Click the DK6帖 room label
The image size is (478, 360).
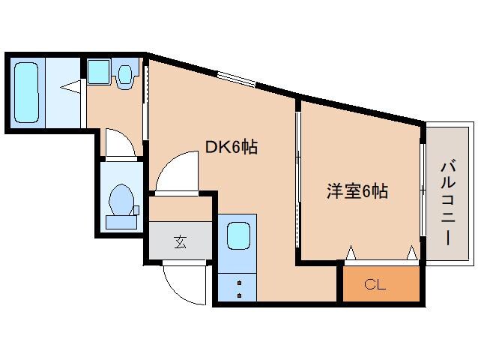pos(232,148)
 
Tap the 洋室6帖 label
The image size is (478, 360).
pos(357,191)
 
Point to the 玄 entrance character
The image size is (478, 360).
pos(181,241)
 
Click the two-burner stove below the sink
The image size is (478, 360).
pos(239,288)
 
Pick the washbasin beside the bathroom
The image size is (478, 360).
pos(99,71)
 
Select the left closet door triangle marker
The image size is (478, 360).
pos(350,253)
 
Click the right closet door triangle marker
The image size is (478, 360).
pos(411,253)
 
